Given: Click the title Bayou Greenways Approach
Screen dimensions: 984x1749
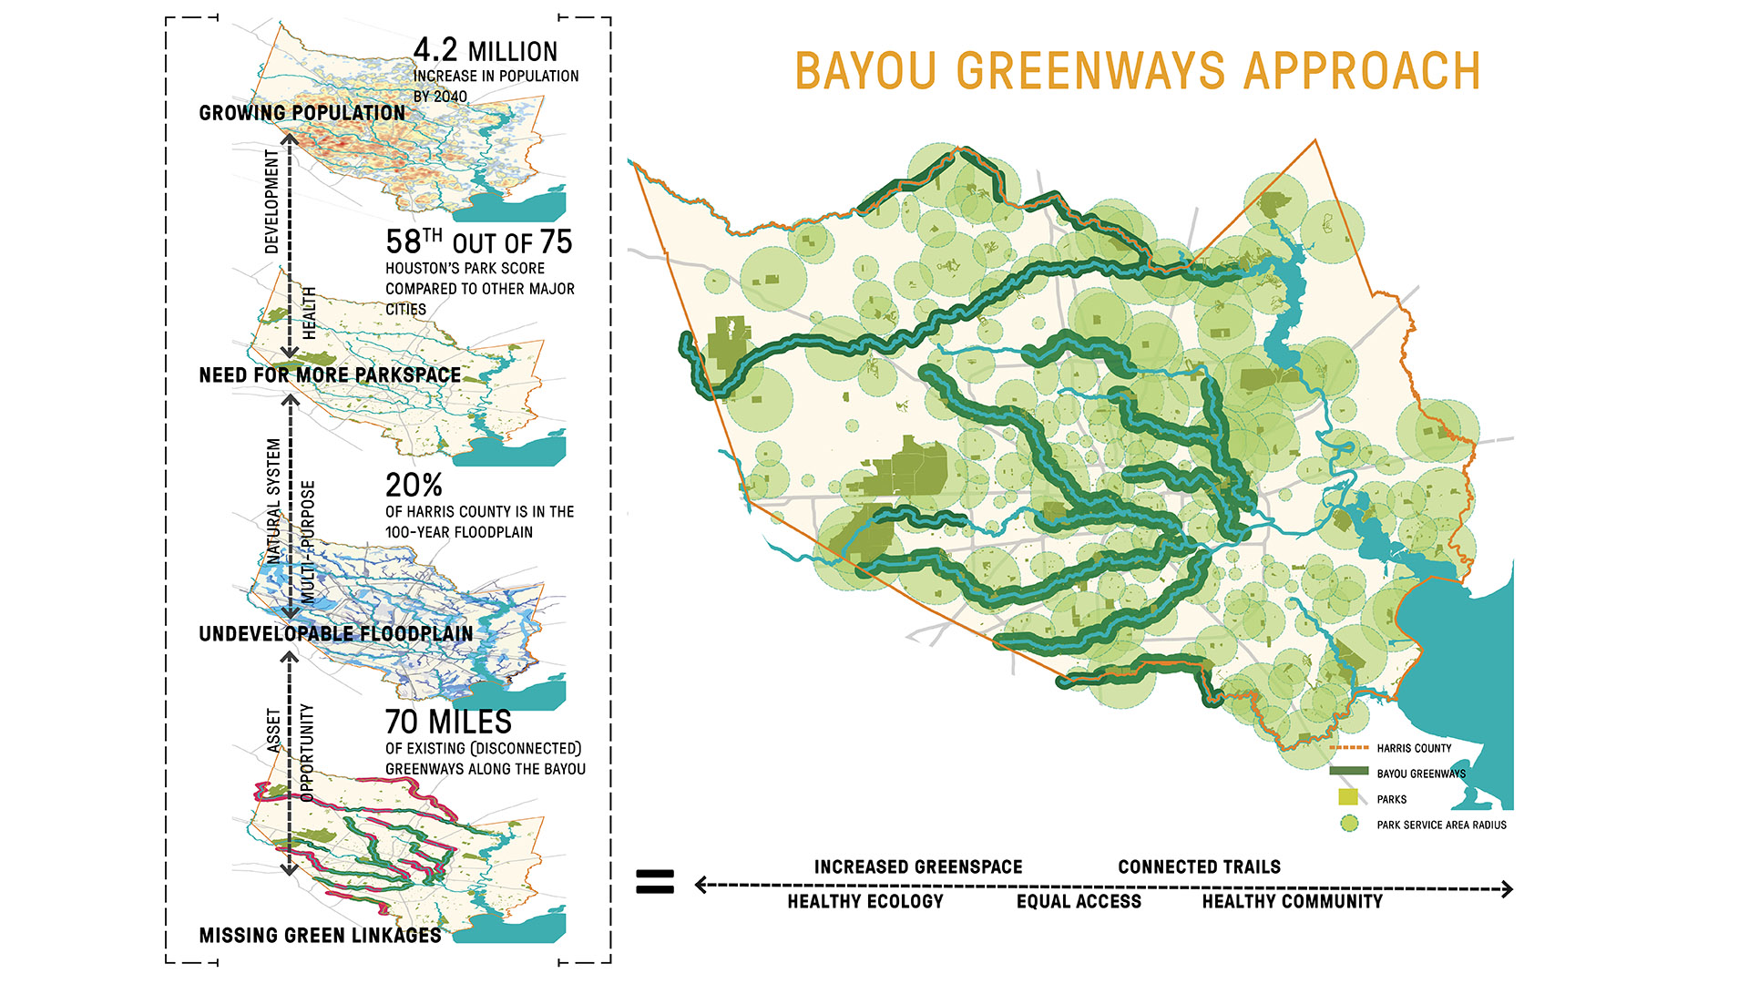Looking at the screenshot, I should (1137, 71).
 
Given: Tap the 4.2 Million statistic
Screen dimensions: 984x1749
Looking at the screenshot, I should (485, 51).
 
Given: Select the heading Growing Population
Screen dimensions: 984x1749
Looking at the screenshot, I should (302, 113).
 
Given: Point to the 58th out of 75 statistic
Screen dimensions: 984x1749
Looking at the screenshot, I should (478, 242).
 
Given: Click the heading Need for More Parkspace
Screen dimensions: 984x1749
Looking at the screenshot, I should (330, 375).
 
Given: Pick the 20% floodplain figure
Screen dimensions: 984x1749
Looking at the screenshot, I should (414, 486).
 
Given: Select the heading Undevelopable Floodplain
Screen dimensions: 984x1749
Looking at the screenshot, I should (335, 634).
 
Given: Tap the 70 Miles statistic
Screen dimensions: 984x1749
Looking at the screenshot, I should (448, 722).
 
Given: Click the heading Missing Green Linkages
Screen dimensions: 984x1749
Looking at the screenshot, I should (320, 936).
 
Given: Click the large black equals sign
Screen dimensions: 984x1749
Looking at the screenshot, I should (654, 881).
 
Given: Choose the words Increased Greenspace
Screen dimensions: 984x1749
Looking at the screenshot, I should (918, 867).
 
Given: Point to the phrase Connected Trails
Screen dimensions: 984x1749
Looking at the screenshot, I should (1199, 867).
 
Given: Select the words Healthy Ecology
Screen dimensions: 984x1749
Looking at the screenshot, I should (865, 902).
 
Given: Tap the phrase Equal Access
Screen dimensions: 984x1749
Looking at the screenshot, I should (1079, 902).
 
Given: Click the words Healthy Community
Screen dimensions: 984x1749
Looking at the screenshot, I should (1292, 902).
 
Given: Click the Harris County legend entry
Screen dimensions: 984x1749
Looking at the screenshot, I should (1414, 748).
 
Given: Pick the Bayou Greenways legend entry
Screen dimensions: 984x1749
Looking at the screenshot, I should (1420, 774).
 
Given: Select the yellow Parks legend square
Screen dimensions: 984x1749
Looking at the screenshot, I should (1348, 798).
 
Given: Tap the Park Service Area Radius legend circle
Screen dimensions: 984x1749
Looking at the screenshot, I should (1349, 824).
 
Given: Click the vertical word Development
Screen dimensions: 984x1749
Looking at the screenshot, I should (271, 201).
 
